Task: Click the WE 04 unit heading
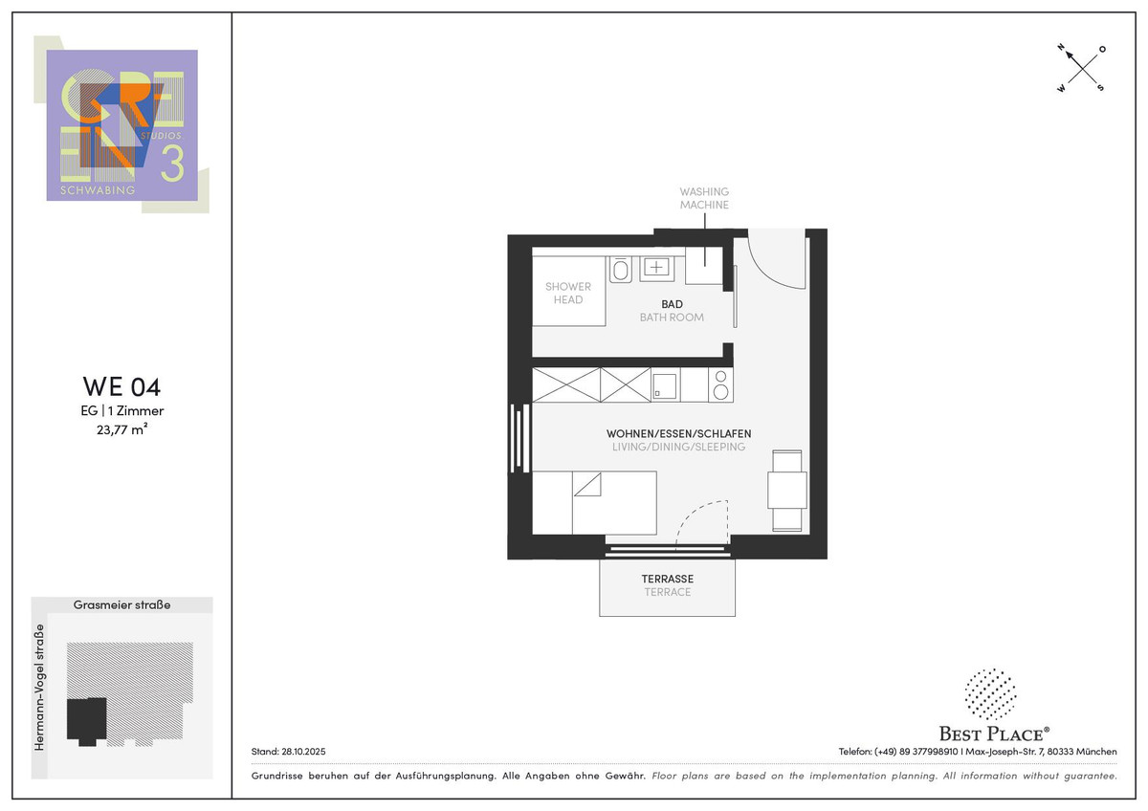point(122,386)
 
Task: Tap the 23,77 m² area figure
point(122,429)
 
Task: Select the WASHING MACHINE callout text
point(704,198)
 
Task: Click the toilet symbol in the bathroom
point(620,270)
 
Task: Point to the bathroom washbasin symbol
point(656,269)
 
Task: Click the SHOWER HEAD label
point(568,293)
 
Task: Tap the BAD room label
point(672,304)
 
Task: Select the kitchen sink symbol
point(664,386)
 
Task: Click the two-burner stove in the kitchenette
point(721,384)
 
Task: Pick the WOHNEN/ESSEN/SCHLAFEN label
point(678,433)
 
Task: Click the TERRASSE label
point(668,579)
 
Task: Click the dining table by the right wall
point(787,491)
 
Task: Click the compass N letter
point(1061,48)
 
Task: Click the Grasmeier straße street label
point(122,604)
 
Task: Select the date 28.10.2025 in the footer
point(303,752)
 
